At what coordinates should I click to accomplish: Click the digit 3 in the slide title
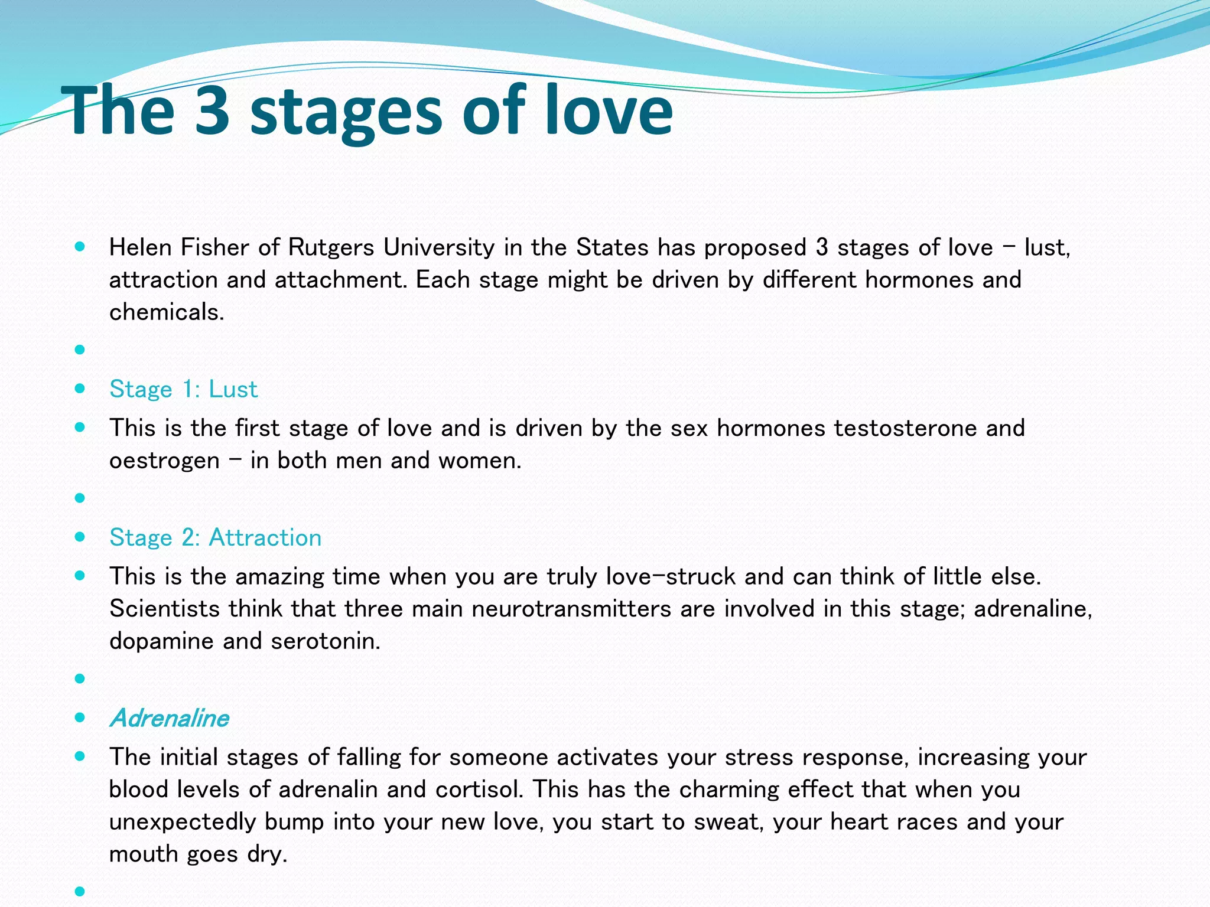[x=211, y=110]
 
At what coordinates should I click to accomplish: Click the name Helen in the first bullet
[x=140, y=247]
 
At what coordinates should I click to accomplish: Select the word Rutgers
[x=331, y=247]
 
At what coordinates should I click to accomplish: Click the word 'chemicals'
[x=166, y=312]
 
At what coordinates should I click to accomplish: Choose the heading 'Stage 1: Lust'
[x=184, y=389]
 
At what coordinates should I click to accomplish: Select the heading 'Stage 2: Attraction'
[x=216, y=537]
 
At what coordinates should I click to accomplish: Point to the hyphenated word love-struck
[x=671, y=576]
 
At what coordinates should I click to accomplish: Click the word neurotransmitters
[x=571, y=609]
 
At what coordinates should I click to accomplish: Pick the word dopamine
[x=161, y=641]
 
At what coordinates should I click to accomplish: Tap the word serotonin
[x=326, y=641]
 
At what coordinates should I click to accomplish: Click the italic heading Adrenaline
[x=170, y=718]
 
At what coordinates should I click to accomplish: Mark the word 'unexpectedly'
[x=182, y=822]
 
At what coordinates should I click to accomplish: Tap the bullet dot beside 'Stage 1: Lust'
[x=80, y=389]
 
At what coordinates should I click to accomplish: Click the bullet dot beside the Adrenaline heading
[x=80, y=717]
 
